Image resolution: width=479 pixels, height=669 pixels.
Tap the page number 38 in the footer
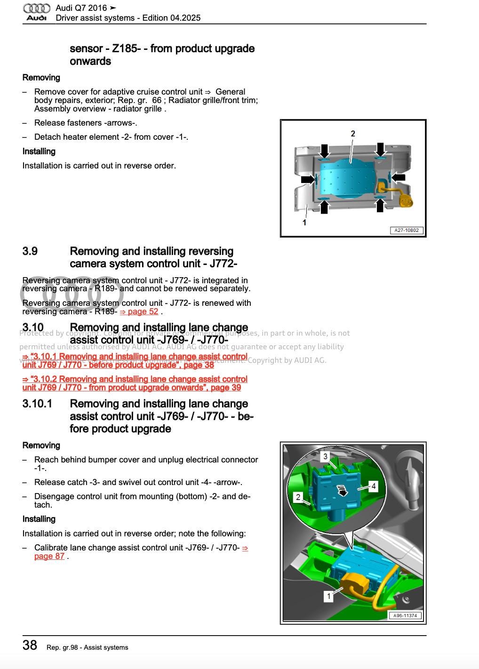pos(30,645)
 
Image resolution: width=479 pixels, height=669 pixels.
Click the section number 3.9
pos(30,251)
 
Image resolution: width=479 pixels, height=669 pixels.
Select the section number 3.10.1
pos(37,404)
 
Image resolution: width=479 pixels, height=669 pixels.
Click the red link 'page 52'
pos(139,311)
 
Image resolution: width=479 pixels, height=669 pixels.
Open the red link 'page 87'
pos(49,556)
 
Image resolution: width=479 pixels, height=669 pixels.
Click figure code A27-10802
pos(406,230)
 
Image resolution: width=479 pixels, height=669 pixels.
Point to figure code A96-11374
pos(405,615)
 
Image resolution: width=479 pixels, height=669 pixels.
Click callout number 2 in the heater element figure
pos(353,134)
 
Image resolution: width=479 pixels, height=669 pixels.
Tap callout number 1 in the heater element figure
pos(304,222)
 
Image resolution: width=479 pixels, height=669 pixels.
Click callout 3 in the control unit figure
pos(325,456)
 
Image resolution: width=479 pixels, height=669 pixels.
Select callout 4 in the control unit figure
pos(373,486)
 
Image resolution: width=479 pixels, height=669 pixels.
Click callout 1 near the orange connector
pos(329,596)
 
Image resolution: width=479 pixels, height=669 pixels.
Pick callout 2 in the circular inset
pos(298,497)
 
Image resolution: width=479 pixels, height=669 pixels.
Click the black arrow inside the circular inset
pos(343,491)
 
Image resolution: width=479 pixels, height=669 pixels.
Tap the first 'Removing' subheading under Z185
pos(41,78)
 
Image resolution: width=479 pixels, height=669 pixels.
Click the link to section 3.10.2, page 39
pos(135,383)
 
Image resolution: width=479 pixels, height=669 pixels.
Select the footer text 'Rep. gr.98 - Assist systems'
pos(87,647)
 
